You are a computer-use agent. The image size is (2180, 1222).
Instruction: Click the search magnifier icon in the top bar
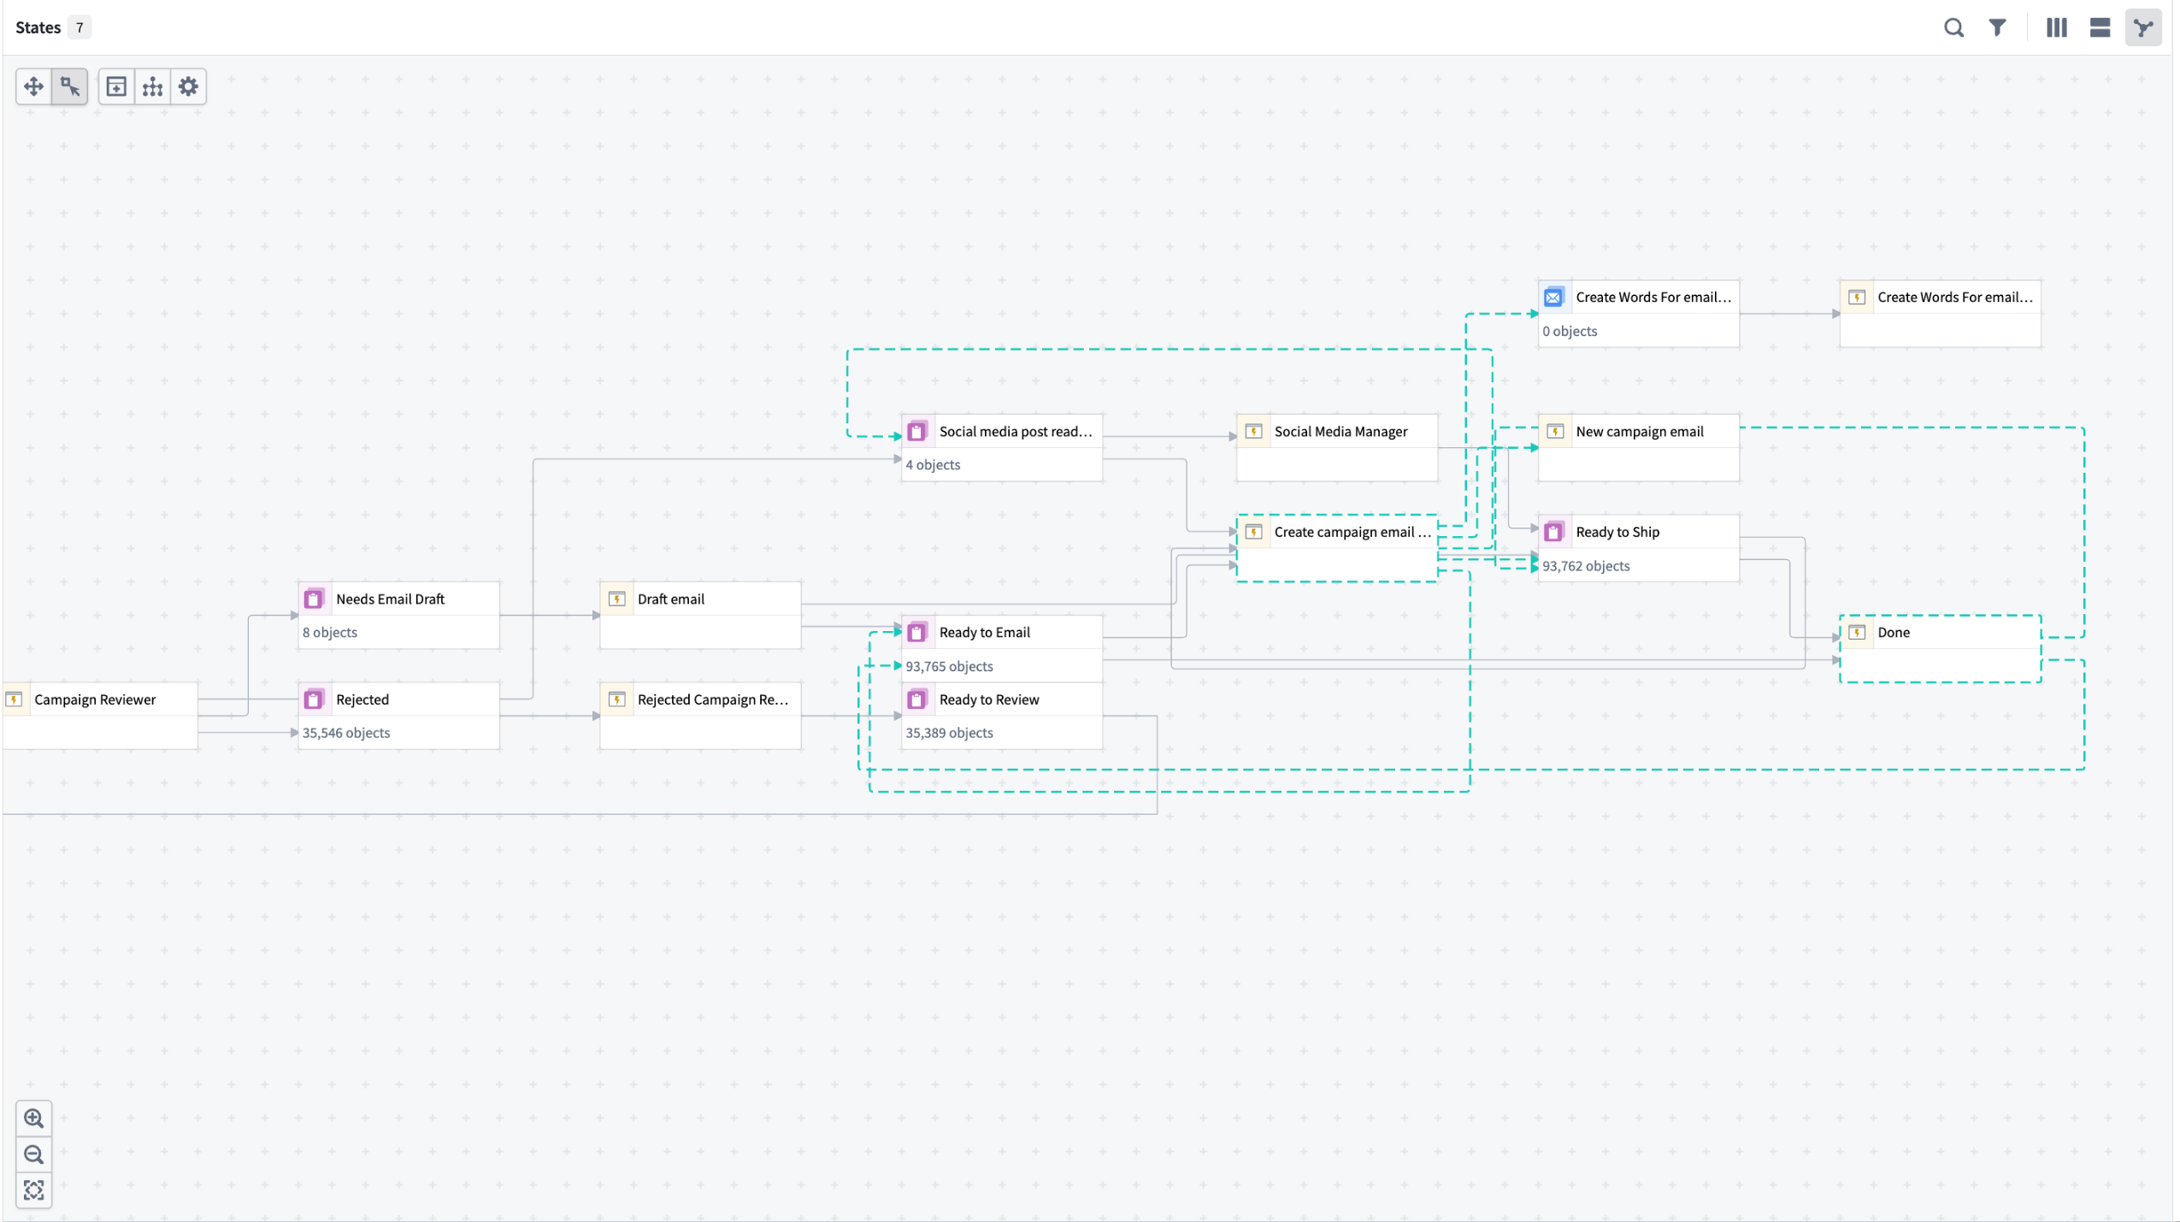click(x=1953, y=28)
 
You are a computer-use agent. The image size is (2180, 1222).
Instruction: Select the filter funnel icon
click(x=1997, y=28)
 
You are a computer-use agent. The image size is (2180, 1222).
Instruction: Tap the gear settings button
click(x=188, y=86)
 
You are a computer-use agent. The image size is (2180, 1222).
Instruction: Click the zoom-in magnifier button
click(x=34, y=1119)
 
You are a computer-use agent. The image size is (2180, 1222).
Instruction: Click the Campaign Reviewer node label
click(x=95, y=700)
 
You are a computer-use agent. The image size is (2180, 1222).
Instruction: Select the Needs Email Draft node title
click(x=390, y=599)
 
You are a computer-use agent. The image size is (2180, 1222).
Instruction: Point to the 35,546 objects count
click(x=346, y=733)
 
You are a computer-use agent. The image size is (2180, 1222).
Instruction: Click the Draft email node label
click(x=671, y=599)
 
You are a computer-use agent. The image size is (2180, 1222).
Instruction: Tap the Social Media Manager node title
click(x=1340, y=432)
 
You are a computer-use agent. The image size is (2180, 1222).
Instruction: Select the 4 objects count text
click(x=933, y=465)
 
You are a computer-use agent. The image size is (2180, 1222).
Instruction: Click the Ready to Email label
click(x=985, y=633)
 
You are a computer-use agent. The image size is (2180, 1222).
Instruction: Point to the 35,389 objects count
click(x=949, y=733)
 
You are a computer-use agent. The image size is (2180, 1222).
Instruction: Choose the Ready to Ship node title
click(x=1617, y=532)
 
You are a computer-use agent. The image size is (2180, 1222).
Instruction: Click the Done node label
click(x=1894, y=633)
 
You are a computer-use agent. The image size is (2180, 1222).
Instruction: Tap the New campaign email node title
click(x=1640, y=432)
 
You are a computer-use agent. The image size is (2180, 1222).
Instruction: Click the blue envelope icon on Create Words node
click(x=1553, y=298)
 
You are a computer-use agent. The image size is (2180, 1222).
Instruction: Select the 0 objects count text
click(x=1570, y=331)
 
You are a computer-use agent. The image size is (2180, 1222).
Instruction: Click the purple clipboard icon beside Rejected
click(x=314, y=700)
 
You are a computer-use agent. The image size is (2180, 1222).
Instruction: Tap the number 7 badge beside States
click(x=80, y=27)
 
